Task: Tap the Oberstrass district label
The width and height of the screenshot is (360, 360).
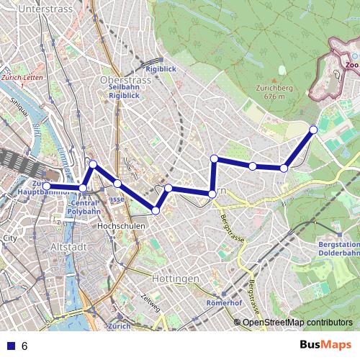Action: (x=125, y=80)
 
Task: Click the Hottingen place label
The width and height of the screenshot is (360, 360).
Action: (x=175, y=278)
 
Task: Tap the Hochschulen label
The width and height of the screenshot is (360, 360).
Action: (x=121, y=226)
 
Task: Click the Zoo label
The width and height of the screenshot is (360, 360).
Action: (x=351, y=65)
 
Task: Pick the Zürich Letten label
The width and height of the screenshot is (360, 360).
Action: (x=17, y=80)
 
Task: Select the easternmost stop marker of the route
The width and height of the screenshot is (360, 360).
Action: (x=313, y=130)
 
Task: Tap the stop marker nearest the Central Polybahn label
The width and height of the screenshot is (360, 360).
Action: (x=83, y=188)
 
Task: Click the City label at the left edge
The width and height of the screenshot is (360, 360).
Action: (x=10, y=237)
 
